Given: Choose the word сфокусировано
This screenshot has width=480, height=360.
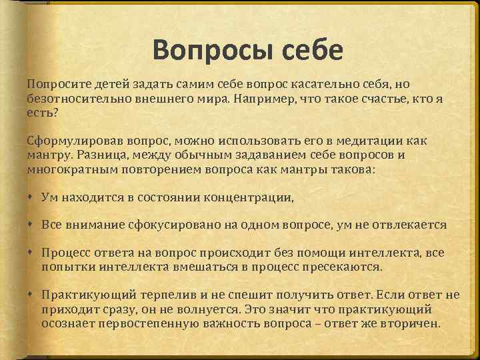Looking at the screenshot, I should pos(174,225).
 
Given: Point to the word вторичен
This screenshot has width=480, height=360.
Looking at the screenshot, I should pos(411,323).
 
